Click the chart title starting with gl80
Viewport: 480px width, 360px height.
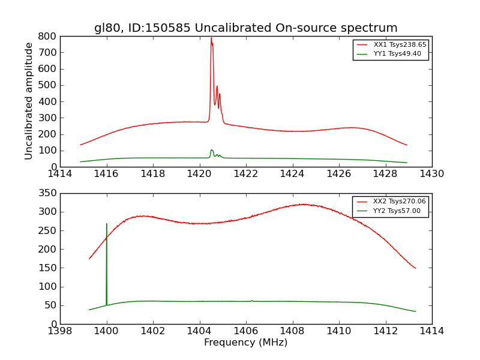tap(245, 28)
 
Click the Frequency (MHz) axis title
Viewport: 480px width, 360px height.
tap(245, 343)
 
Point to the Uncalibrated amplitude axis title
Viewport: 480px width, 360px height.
tap(29, 101)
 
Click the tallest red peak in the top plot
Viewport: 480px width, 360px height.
tap(211, 38)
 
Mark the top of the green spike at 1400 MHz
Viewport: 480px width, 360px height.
tap(107, 224)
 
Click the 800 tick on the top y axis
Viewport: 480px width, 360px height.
tap(47, 36)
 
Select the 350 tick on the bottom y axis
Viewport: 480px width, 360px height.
tap(47, 193)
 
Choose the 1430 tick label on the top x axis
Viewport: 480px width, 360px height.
tap(431, 174)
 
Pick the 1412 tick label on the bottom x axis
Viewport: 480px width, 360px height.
tap(385, 331)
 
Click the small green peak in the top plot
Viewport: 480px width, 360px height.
tap(211, 150)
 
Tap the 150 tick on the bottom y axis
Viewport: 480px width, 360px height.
tap(47, 268)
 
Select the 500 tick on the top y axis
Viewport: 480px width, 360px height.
tap(47, 85)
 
